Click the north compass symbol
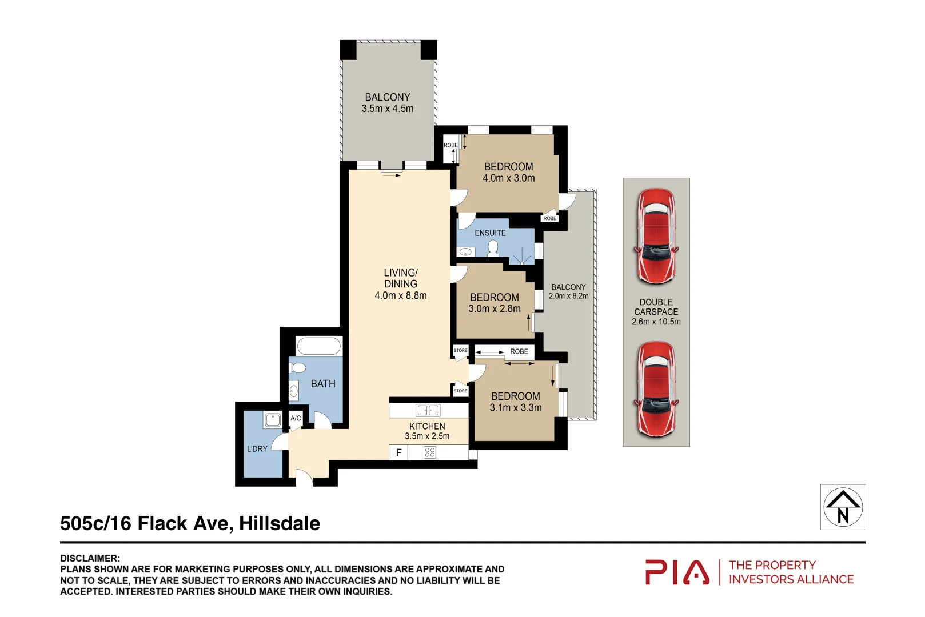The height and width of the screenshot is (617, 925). [x=843, y=507]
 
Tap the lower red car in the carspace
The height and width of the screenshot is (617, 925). [x=656, y=389]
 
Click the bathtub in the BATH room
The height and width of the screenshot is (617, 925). [x=318, y=346]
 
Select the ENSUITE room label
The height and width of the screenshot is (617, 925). [x=490, y=233]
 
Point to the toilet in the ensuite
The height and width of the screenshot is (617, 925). [x=493, y=247]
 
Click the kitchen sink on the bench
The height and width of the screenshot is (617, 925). [x=428, y=410]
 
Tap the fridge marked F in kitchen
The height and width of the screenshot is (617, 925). [x=398, y=452]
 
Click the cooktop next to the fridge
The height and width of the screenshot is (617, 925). [x=430, y=452]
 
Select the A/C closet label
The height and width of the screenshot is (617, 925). [x=296, y=418]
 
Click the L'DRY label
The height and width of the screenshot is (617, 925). [x=257, y=449]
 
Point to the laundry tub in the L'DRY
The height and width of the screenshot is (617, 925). [x=272, y=420]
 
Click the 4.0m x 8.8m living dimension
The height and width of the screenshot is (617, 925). [x=400, y=295]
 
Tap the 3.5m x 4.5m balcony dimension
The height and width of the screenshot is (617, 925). [x=387, y=109]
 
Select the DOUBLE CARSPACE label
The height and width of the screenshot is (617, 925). [x=656, y=307]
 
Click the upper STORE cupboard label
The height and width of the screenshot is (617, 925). [x=460, y=350]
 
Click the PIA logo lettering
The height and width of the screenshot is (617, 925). [x=677, y=572]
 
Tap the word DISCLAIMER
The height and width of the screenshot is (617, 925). [x=90, y=558]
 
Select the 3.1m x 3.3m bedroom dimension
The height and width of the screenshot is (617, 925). [x=515, y=408]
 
